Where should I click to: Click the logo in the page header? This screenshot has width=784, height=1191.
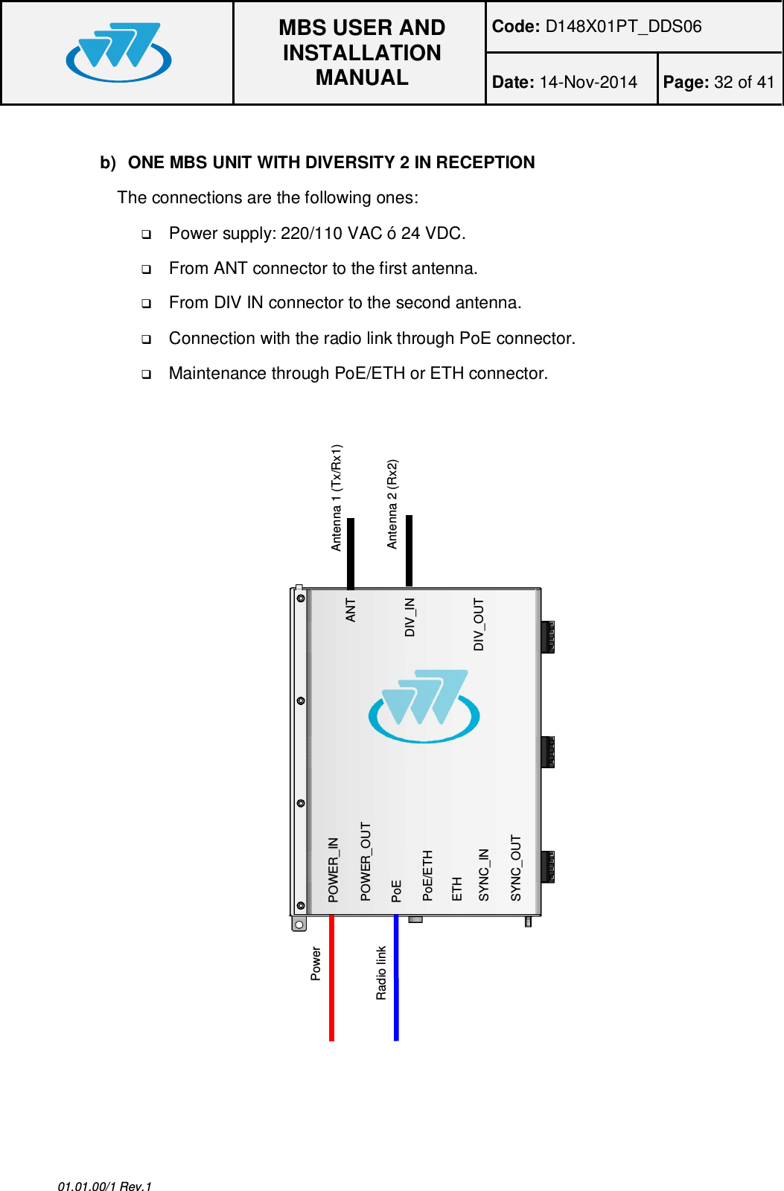pos(118,52)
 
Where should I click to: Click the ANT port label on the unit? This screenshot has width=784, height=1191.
pos(351,610)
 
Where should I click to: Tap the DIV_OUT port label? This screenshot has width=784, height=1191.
pos(479,624)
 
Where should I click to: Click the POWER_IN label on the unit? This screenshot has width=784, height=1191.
pos(334,869)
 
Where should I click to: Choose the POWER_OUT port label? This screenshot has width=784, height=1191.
pos(366,861)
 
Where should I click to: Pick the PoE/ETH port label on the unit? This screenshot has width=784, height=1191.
pos(427,875)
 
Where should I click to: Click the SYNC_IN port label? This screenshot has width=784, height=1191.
pos(484,875)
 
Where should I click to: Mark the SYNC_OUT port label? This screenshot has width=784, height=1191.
pos(516,868)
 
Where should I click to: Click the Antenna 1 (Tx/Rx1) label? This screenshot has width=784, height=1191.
pos(337,497)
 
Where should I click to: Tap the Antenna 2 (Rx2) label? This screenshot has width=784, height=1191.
pos(392,504)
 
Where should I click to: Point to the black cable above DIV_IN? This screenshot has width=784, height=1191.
pos(409,551)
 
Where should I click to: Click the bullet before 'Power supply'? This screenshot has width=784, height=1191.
pos(147,234)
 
